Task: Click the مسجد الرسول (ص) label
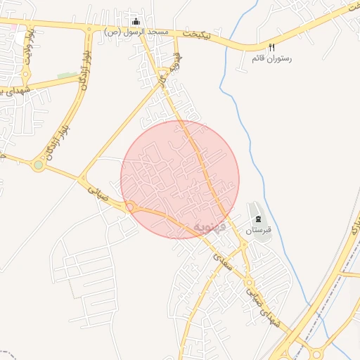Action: (136, 32)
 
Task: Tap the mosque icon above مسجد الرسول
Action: (136, 22)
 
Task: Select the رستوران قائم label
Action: (271, 57)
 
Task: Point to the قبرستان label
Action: (258, 230)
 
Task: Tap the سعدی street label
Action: (221, 260)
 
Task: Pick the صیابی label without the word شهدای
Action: (98, 193)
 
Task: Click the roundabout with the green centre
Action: (38, 166)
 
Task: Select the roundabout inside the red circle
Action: (131, 207)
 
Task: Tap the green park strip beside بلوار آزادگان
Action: (67, 75)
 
